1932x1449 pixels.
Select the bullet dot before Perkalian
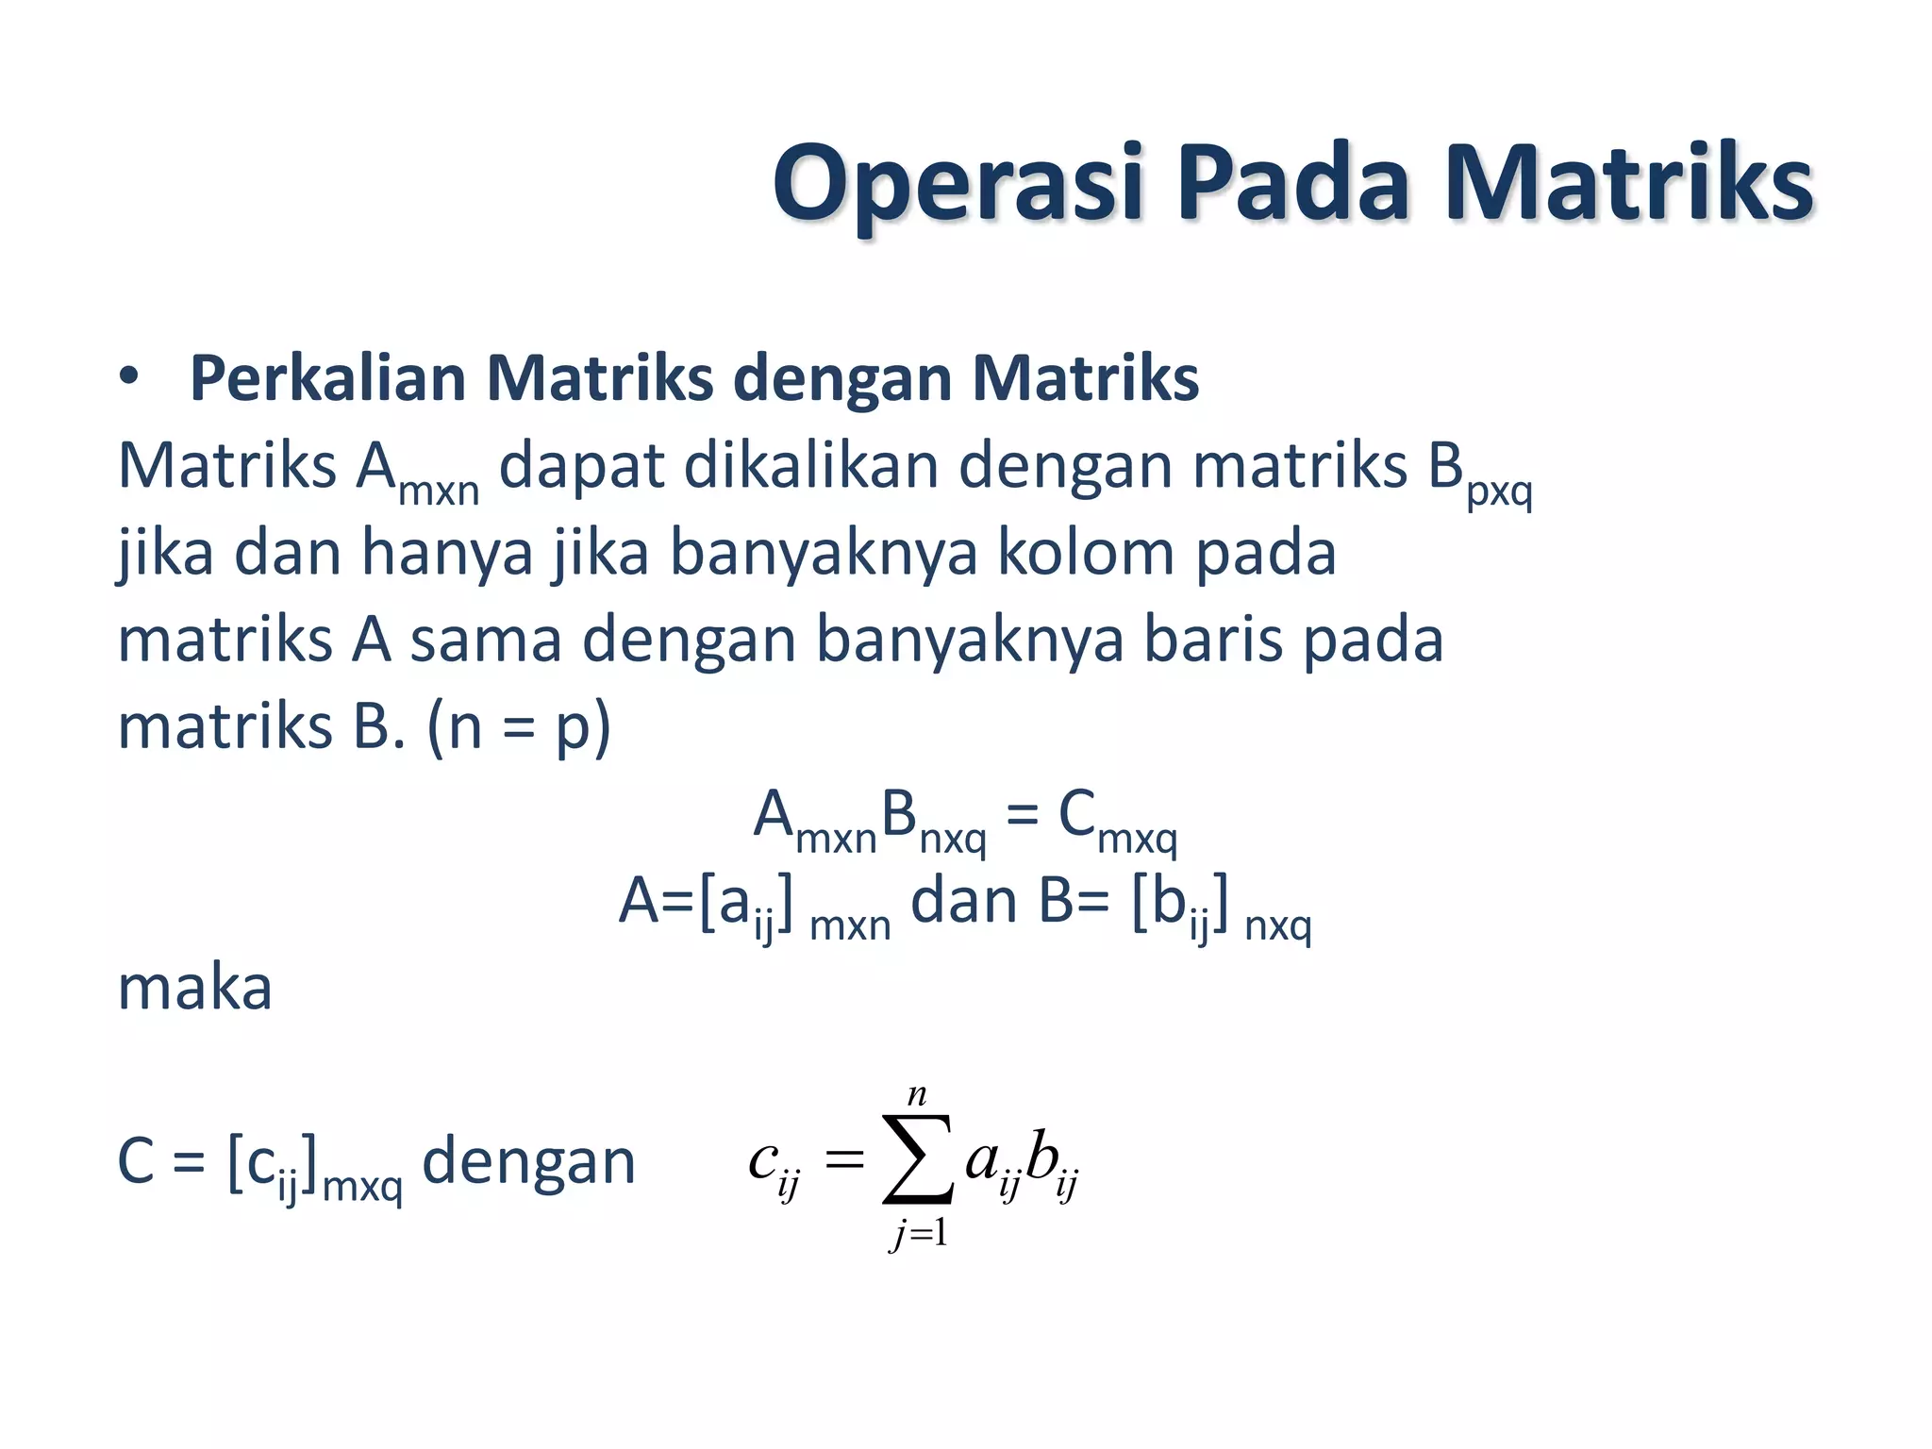tap(129, 377)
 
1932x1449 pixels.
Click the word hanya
tap(447, 553)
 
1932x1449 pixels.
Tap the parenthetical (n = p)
tap(519, 727)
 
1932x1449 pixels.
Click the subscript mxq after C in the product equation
tap(1137, 838)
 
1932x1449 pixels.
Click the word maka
tap(194, 988)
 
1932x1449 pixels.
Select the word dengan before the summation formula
tap(528, 1161)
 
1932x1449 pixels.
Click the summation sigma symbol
tap(917, 1159)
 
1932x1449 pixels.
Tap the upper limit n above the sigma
tap(917, 1095)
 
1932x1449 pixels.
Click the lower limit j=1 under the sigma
tap(918, 1233)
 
